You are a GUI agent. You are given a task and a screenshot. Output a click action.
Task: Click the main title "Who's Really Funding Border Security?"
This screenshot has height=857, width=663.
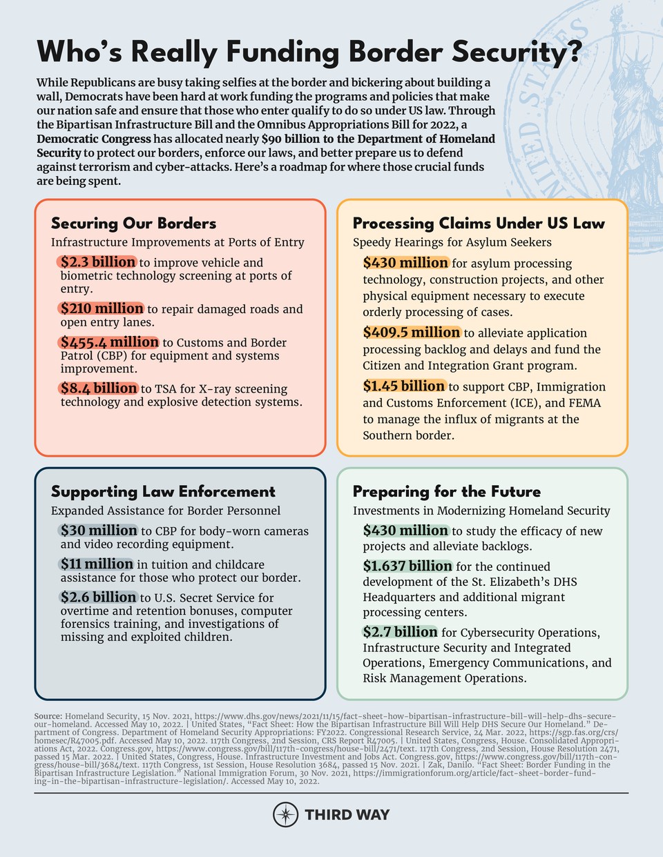pos(309,52)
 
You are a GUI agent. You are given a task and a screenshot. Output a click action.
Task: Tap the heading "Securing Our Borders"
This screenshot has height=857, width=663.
pos(133,224)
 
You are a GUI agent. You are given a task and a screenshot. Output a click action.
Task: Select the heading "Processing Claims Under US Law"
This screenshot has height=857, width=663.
pos(479,224)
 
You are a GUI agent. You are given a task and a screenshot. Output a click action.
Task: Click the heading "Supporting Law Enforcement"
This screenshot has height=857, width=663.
pos(163,492)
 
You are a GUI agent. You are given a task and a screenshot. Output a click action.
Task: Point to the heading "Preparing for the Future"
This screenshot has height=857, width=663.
pos(446,492)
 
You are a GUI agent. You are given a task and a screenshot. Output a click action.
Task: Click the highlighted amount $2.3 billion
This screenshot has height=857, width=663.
pos(97,262)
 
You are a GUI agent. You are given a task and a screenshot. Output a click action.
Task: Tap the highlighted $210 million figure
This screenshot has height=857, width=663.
pos(102,308)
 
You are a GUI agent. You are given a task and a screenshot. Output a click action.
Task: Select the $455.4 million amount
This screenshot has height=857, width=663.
pos(109,342)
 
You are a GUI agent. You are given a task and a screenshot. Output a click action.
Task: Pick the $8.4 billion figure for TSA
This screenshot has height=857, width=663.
pos(98,388)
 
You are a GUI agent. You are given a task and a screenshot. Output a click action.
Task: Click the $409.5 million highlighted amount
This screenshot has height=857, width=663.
pos(412,333)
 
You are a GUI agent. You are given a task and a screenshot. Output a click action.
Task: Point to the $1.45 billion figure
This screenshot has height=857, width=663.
pos(404,386)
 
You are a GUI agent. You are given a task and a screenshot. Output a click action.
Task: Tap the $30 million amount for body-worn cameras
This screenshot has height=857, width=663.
pos(99,531)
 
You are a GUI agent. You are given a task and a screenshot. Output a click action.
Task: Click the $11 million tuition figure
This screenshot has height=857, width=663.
pos(97,564)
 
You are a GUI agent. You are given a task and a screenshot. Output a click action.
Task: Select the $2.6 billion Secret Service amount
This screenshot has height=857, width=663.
pos(98,598)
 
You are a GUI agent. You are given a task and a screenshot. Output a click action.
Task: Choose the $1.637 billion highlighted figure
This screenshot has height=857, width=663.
pos(407,567)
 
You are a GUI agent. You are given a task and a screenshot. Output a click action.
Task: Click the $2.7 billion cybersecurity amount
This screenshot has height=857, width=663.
pos(401,632)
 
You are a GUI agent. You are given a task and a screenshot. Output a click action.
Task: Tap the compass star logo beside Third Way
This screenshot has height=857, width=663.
pos(285,815)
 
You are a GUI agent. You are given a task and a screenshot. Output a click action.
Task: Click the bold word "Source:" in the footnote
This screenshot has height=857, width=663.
pos(48,717)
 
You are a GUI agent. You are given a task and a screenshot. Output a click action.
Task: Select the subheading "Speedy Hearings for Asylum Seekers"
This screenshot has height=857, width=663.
pos(452,242)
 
